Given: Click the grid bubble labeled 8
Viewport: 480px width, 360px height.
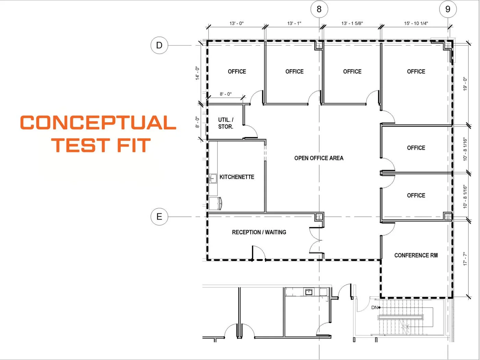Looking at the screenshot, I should (x=319, y=9).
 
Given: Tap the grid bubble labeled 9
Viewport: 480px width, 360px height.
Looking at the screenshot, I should (x=448, y=9).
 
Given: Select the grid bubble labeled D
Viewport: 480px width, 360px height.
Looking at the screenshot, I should (x=159, y=45).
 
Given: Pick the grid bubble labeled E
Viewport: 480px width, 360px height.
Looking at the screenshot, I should (x=159, y=217).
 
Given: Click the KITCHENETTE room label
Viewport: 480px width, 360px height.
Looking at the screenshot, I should (x=237, y=177).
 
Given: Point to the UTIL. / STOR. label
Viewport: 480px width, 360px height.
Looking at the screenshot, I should (x=226, y=123).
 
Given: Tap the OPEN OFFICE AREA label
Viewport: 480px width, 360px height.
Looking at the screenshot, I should (x=319, y=158).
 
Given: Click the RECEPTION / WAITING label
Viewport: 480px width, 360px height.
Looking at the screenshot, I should (x=259, y=232).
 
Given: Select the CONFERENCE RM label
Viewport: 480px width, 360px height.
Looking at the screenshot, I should (x=416, y=256).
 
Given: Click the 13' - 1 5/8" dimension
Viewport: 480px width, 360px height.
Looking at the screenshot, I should (x=352, y=23).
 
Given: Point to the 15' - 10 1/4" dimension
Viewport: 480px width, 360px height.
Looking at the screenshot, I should (x=416, y=23).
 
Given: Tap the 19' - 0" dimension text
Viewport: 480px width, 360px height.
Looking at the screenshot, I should (x=465, y=84).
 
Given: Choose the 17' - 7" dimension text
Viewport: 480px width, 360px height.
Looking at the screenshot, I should (x=465, y=259).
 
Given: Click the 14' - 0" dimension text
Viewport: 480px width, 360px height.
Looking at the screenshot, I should (x=197, y=73).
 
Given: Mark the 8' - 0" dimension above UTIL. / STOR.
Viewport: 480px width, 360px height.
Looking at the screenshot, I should (x=226, y=94).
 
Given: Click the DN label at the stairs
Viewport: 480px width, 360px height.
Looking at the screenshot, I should (x=374, y=308).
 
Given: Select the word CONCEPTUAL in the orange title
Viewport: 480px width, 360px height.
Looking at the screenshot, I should (x=98, y=123).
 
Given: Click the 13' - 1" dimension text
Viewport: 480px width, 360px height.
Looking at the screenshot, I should (x=294, y=23).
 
